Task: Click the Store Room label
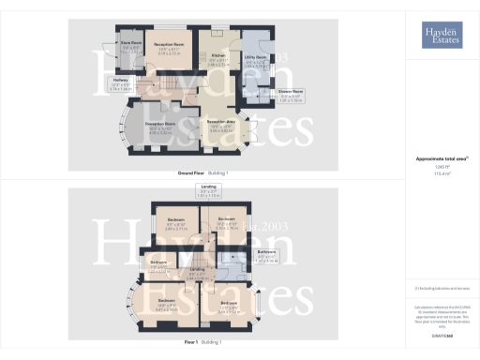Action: point(129,43)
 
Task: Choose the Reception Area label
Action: point(219,124)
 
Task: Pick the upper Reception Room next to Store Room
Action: point(168,44)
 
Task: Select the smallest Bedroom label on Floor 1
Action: point(159,262)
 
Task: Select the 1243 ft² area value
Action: point(441,166)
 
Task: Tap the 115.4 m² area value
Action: point(441,173)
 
